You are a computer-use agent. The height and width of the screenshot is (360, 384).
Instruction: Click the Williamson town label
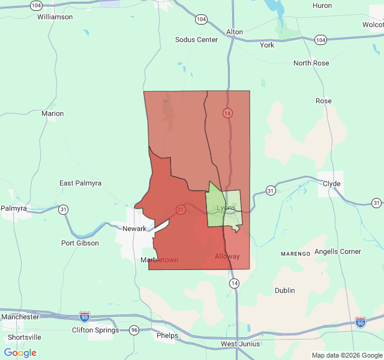pos(55,17)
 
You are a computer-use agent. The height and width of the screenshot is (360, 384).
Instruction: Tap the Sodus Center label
pos(196,40)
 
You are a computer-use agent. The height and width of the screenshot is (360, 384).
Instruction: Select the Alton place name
pos(235,32)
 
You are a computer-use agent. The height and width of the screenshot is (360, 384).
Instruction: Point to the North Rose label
pos(311,63)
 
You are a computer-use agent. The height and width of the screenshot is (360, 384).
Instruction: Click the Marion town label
pos(52,113)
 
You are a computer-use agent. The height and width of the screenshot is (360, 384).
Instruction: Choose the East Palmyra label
pos(80,183)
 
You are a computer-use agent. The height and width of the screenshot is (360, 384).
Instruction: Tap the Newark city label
pos(134,229)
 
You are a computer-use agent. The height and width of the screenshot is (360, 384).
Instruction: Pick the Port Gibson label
pos(80,243)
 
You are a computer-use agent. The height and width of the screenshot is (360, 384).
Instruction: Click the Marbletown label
pos(159,260)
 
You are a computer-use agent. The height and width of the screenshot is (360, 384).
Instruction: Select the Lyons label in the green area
pos(226,208)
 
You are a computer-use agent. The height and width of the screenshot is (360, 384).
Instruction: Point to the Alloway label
pos(227,256)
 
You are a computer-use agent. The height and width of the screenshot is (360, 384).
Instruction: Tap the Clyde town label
pos(332,184)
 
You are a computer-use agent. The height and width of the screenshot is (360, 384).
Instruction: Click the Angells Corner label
pos(338,251)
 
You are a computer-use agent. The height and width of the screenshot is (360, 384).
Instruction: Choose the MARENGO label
pos(295,254)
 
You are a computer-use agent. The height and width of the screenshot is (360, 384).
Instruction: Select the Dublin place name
pos(285,290)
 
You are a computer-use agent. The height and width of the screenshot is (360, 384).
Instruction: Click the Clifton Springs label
pos(97,330)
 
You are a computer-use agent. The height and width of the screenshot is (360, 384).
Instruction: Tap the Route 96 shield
pos(134,330)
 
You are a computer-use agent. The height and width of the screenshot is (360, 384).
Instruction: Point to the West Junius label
pos(241,344)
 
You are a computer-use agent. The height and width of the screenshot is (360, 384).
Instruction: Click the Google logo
pos(20,353)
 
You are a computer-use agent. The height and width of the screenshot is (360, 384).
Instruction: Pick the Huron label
pos(322,5)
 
